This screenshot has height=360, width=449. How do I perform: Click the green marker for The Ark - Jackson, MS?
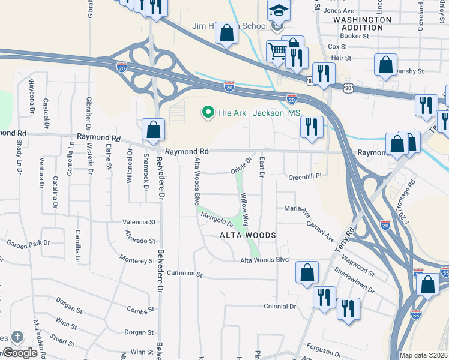(x=208, y=112)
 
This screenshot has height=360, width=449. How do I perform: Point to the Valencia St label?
(x=139, y=222)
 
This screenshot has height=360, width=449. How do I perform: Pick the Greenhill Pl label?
(x=306, y=177)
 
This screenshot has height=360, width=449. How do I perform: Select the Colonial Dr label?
(x=280, y=306)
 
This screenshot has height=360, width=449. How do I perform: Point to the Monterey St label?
(x=137, y=260)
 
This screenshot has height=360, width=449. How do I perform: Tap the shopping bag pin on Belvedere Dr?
(x=154, y=129)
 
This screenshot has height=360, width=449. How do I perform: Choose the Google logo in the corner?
(x=20, y=353)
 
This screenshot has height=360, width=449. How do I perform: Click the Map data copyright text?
(x=424, y=355)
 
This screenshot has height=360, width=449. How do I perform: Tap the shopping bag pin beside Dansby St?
(x=385, y=64)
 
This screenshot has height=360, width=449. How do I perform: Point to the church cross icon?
(x=17, y=338)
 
